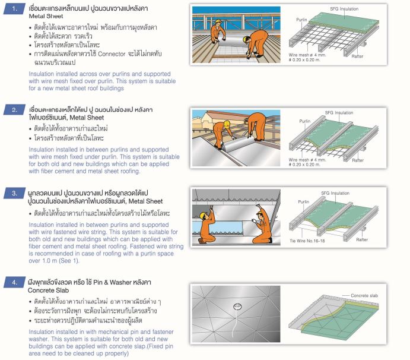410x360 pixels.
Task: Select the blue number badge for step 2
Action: pos(12,110)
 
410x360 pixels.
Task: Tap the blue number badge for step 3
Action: pos(12,193)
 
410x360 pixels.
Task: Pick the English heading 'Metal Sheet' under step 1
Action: pos(46,16)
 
